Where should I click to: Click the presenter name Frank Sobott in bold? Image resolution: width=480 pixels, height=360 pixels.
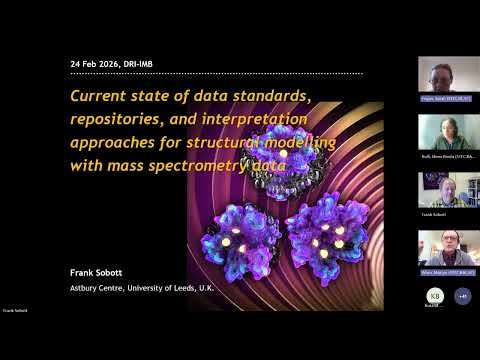click(96, 271)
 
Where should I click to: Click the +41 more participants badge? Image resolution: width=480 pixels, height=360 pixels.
click(462, 295)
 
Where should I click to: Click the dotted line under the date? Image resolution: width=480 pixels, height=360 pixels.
click(216, 73)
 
